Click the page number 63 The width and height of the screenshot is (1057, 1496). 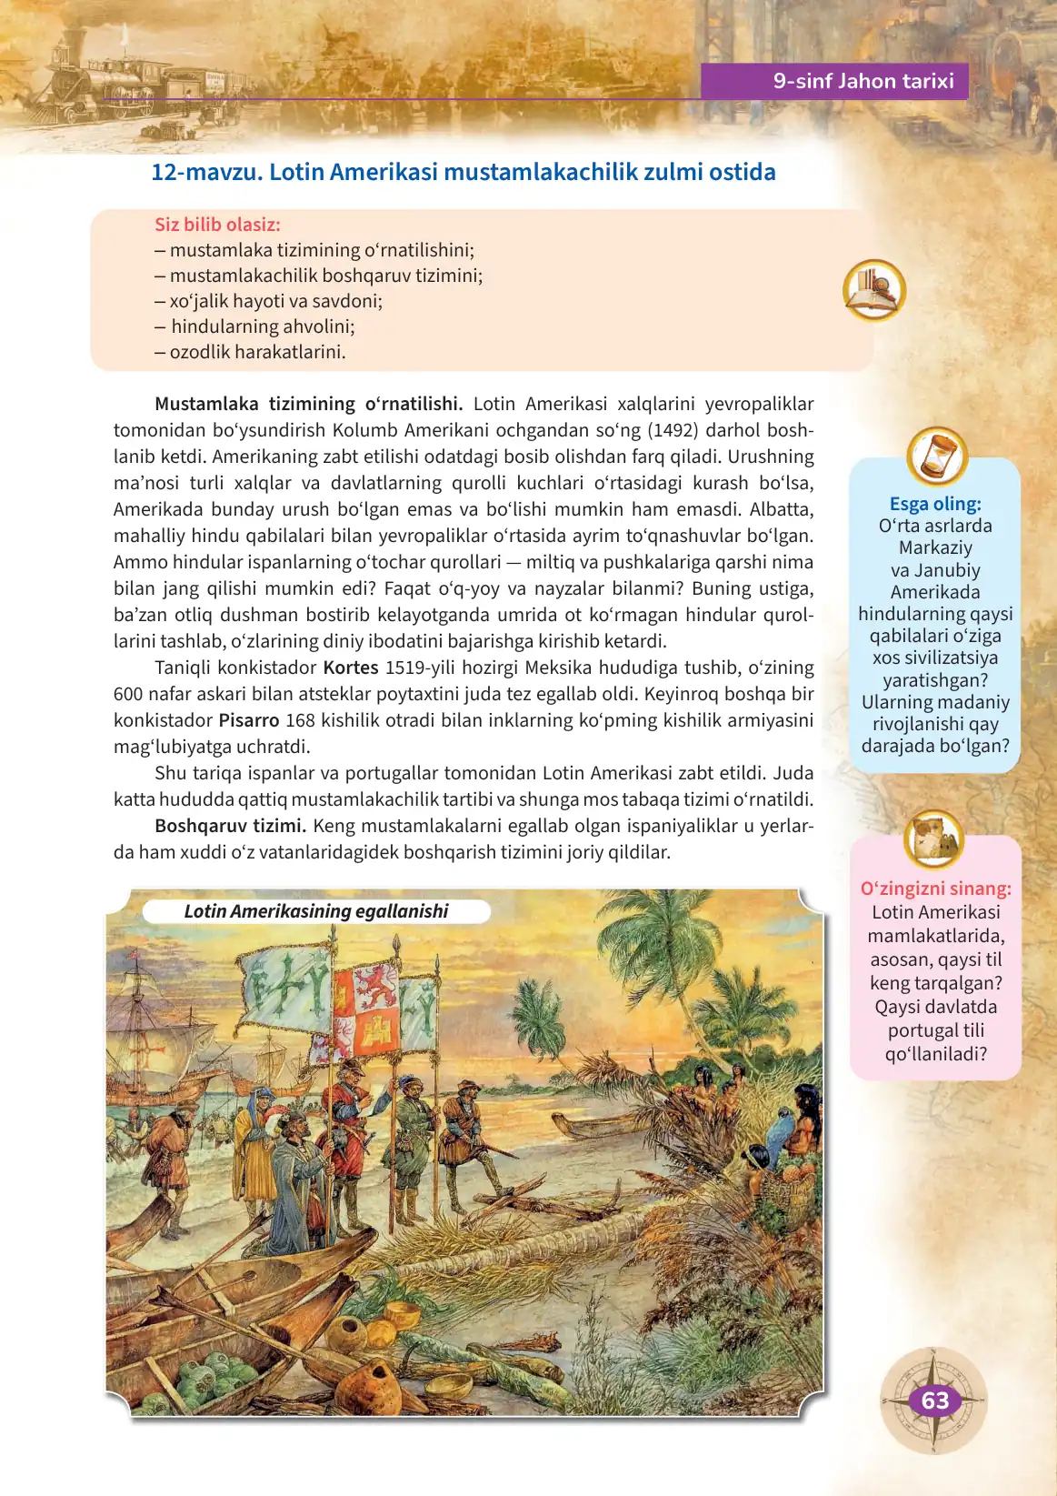pyautogui.click(x=934, y=1401)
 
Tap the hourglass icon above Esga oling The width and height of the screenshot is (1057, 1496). pyautogui.click(x=936, y=456)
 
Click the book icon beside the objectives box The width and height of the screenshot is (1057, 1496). pyautogui.click(x=873, y=291)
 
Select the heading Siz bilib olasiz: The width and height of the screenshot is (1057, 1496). pyautogui.click(x=217, y=225)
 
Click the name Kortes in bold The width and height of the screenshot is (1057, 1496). pyautogui.click(x=351, y=668)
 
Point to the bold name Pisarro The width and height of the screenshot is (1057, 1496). pyautogui.click(x=249, y=720)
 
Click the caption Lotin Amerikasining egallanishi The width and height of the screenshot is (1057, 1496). pyautogui.click(x=316, y=911)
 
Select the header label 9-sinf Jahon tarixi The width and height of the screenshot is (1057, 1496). pyautogui.click(x=863, y=81)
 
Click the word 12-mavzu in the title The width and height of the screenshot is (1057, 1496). pyautogui.click(x=204, y=172)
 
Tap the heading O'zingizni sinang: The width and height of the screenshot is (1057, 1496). pyautogui.click(x=935, y=889)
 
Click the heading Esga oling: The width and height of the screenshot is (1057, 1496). pyautogui.click(x=935, y=504)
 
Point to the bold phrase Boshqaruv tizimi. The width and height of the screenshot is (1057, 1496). pyautogui.click(x=229, y=826)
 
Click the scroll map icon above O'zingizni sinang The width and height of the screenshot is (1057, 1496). pyautogui.click(x=933, y=838)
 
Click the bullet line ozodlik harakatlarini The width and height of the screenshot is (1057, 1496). pyautogui.click(x=257, y=352)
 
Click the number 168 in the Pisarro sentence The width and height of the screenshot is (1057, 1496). pyautogui.click(x=300, y=720)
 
